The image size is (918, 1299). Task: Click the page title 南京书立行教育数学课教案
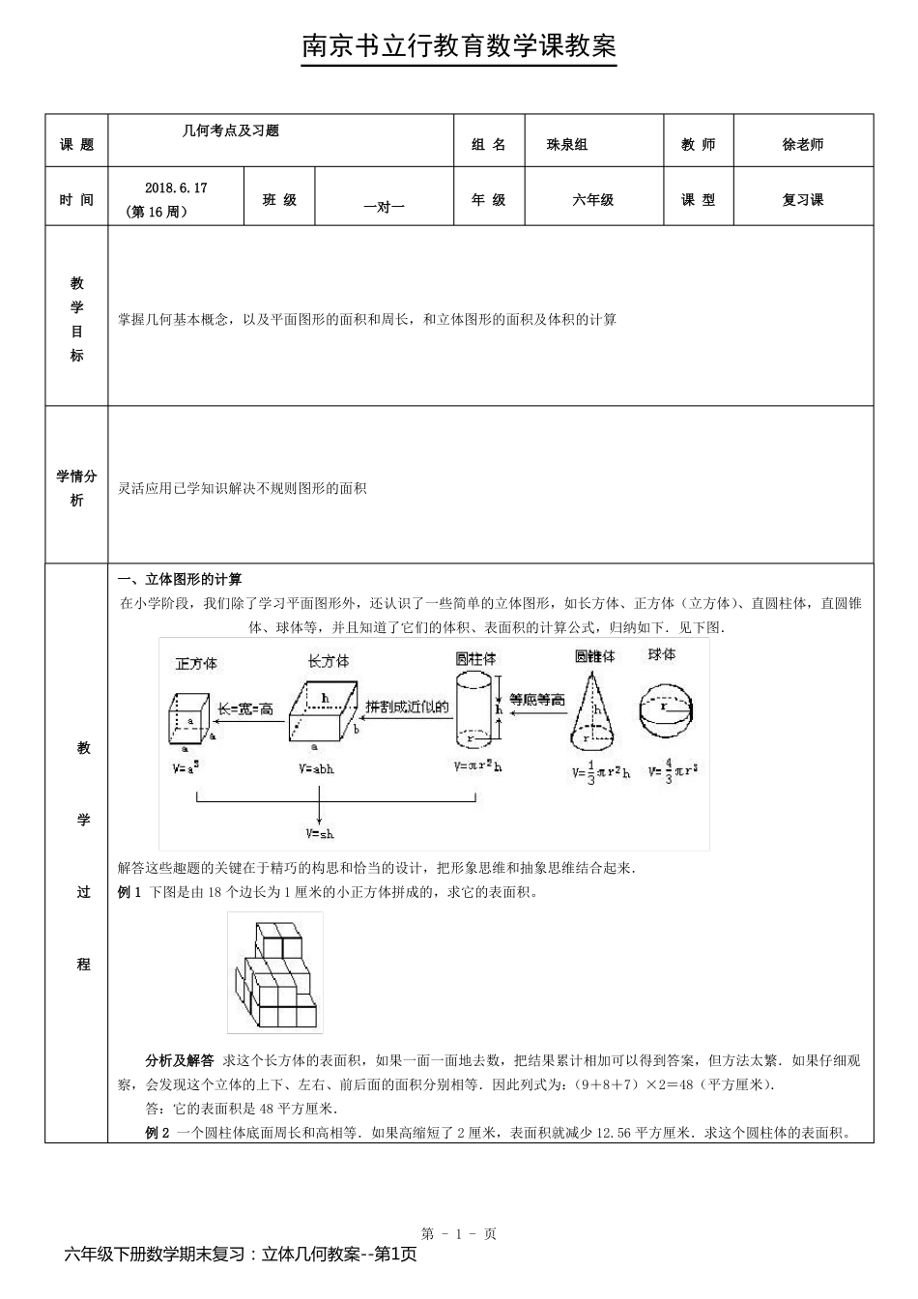[459, 46]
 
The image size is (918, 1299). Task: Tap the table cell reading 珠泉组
[567, 145]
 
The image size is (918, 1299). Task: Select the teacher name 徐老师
[803, 145]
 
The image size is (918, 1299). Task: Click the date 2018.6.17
[176, 188]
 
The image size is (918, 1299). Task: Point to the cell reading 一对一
[384, 206]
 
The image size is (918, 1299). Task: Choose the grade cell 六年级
[593, 200]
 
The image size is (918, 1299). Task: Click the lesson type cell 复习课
[803, 200]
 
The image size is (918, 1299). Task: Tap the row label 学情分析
[76, 488]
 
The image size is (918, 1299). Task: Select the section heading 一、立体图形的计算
[179, 579]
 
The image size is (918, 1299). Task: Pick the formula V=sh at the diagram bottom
[320, 833]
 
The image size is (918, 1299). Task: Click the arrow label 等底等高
[536, 700]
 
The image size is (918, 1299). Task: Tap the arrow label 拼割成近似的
[407, 707]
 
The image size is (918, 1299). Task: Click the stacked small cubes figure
[274, 973]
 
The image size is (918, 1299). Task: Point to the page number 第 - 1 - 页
[459, 1233]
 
